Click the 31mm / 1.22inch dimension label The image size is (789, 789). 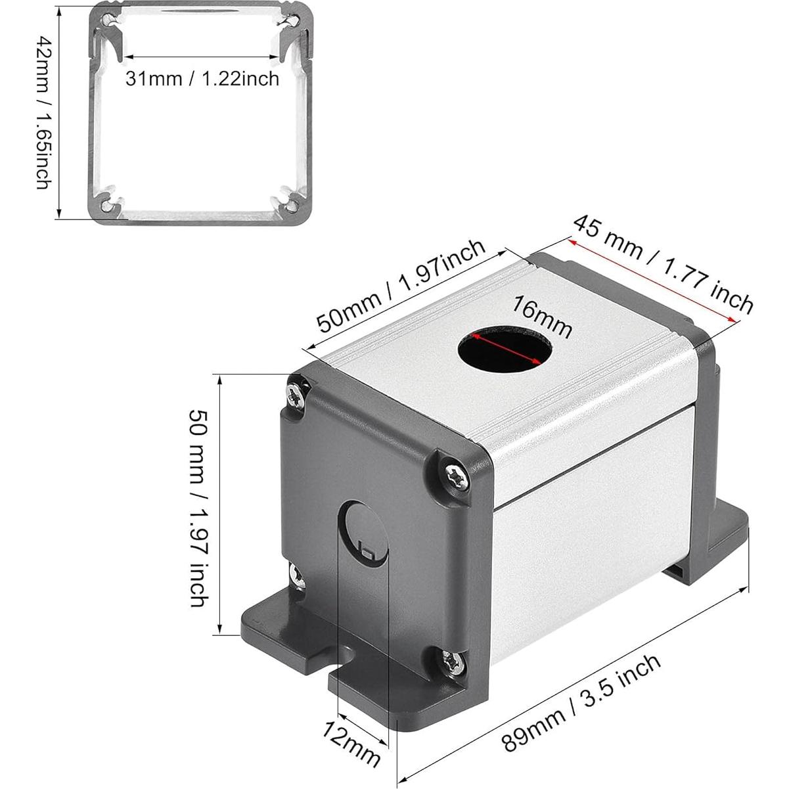[202, 78]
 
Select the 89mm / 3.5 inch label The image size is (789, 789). [581, 702]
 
